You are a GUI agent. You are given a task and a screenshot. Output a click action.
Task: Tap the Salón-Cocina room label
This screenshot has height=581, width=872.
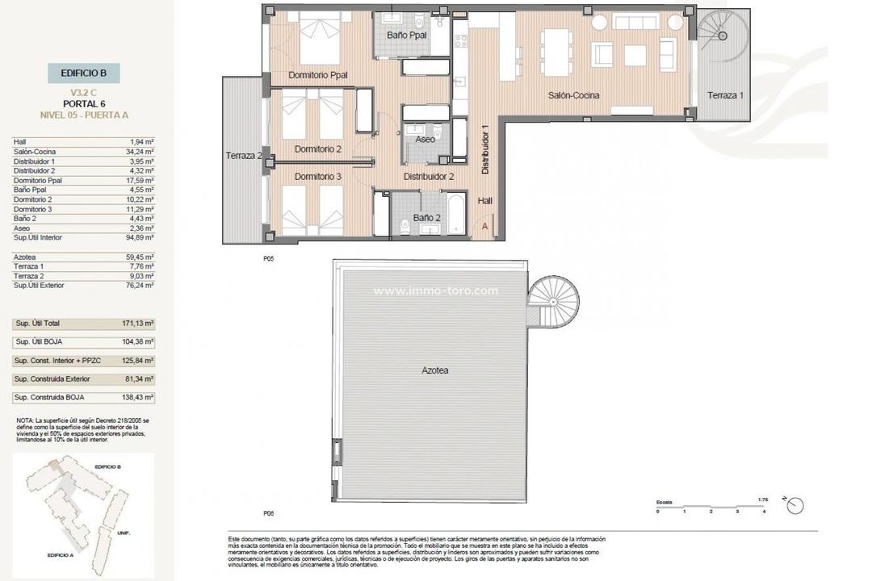pyautogui.click(x=573, y=95)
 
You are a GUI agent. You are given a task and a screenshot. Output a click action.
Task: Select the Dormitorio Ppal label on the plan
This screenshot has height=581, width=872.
pyautogui.click(x=317, y=75)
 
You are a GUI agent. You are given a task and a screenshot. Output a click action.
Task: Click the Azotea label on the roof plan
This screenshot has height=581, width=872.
pyautogui.click(x=434, y=370)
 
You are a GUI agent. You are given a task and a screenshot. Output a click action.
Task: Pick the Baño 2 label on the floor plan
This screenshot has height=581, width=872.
pyautogui.click(x=426, y=218)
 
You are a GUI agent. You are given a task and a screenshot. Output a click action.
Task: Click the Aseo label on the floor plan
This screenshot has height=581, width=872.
pyautogui.click(x=425, y=140)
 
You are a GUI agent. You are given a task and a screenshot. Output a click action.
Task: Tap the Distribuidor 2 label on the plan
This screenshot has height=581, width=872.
pyautogui.click(x=429, y=176)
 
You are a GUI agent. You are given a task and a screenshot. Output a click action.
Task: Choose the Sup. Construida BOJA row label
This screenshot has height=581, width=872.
pyautogui.click(x=48, y=398)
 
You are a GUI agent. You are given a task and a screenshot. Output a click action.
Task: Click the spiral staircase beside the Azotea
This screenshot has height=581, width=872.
pyautogui.click(x=553, y=301)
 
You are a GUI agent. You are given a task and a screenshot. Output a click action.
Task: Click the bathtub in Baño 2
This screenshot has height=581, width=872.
pyautogui.click(x=455, y=213)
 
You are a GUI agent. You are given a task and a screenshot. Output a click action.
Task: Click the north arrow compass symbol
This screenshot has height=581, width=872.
pyautogui.click(x=795, y=505)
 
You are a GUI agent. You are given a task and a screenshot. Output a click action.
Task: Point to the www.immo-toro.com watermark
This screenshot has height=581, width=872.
pyautogui.click(x=435, y=291)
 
